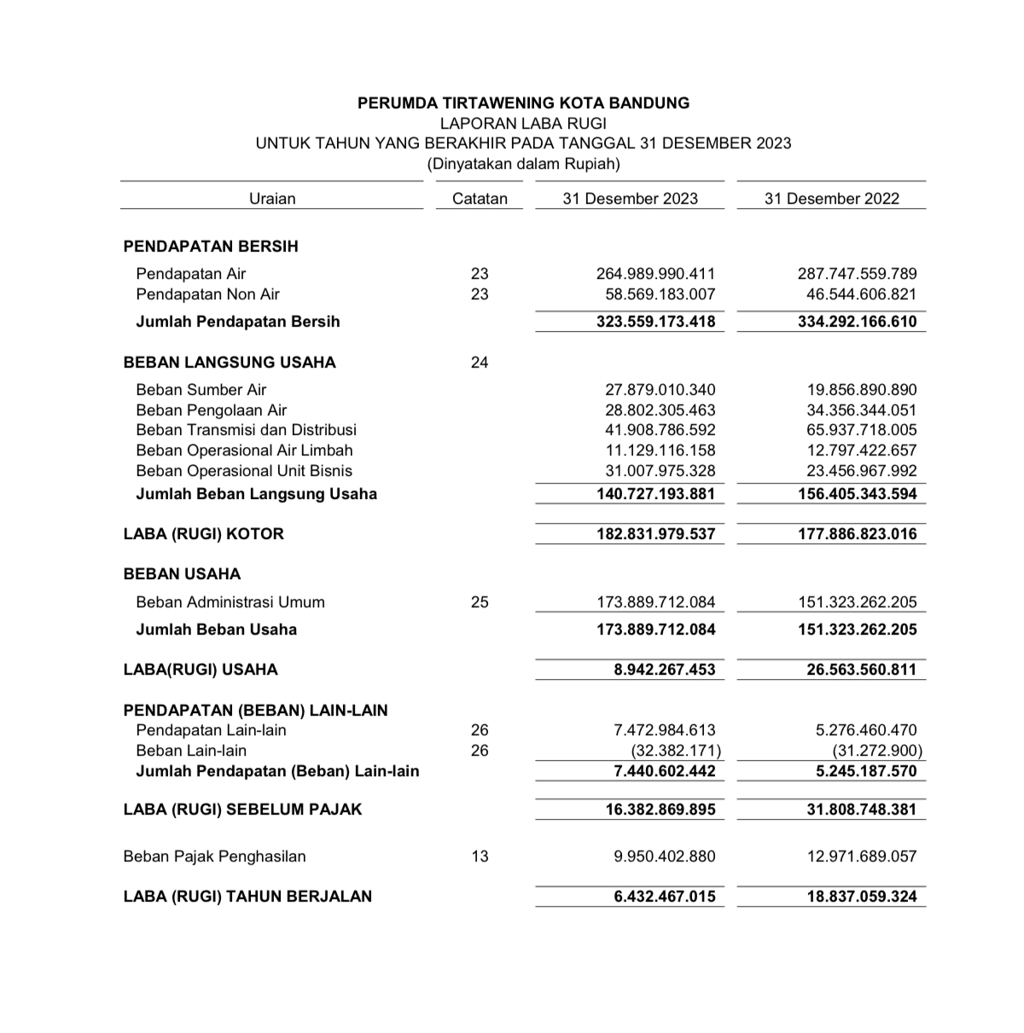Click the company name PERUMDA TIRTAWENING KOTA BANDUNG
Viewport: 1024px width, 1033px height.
click(x=523, y=103)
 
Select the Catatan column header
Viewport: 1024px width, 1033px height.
click(x=480, y=199)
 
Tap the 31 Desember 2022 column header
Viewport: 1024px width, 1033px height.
click(x=831, y=199)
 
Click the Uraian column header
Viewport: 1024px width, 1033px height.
click(x=272, y=199)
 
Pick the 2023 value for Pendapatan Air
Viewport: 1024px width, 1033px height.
click(x=655, y=274)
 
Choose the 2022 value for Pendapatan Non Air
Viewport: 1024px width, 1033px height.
click(x=862, y=294)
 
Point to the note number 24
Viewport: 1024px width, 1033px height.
click(x=480, y=363)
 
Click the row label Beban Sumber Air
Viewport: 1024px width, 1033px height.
click(x=201, y=390)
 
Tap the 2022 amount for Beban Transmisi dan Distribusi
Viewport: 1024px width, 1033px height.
click(x=862, y=430)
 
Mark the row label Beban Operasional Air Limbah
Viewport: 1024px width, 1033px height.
click(x=244, y=450)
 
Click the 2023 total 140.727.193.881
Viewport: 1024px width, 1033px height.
click(x=655, y=494)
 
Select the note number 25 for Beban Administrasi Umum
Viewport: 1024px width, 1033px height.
click(x=480, y=602)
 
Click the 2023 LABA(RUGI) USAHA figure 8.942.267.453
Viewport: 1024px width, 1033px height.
click(x=665, y=670)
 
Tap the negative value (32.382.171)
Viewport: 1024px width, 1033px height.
click(x=676, y=751)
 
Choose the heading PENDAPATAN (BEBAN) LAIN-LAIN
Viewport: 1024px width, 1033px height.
click(x=255, y=711)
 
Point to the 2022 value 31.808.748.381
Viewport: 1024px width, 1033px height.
click(x=862, y=810)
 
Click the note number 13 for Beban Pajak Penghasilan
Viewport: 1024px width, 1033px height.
click(x=480, y=856)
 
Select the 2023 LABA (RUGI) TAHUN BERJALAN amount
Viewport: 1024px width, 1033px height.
click(x=665, y=897)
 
